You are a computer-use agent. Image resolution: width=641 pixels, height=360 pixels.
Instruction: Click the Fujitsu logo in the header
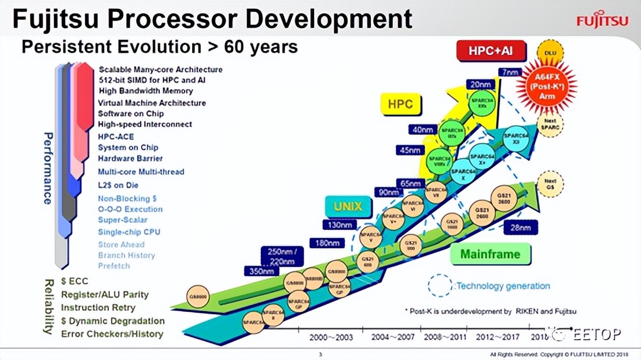point(602,21)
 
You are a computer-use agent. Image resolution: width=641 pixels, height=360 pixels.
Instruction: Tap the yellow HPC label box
point(400,104)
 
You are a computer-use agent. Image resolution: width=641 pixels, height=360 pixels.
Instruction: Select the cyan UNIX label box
point(348,207)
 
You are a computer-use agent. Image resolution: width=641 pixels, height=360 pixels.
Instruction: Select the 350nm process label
point(261,271)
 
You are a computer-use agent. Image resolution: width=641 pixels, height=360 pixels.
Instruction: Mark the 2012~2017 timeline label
point(498,337)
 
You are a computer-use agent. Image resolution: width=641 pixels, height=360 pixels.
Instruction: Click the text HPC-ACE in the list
point(116,137)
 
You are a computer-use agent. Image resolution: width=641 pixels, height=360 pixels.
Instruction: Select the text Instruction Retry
point(98,308)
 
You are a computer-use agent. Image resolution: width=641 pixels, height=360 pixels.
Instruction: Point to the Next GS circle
point(550,184)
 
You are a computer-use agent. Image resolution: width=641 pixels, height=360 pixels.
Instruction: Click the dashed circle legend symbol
point(440,285)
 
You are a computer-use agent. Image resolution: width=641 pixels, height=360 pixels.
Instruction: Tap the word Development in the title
point(329,19)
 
